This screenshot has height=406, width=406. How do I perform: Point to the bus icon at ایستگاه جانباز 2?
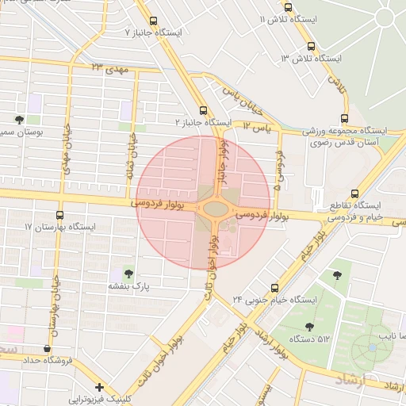pyautogui.click(x=203, y=110)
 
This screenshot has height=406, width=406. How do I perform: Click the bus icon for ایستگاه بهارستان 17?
pyautogui.click(x=61, y=214)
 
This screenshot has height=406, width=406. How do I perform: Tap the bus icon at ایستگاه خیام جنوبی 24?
pyautogui.click(x=274, y=287)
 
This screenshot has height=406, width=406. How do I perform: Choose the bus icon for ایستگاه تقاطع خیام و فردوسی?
pyautogui.click(x=354, y=193)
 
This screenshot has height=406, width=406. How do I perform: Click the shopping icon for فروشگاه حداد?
pyautogui.click(x=48, y=349)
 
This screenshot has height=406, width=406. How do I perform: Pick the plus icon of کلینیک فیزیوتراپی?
pyautogui.click(x=98, y=387)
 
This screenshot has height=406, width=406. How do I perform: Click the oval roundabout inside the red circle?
pyautogui.click(x=215, y=209)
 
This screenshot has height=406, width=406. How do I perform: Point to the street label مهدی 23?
pyautogui.click(x=109, y=69)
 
